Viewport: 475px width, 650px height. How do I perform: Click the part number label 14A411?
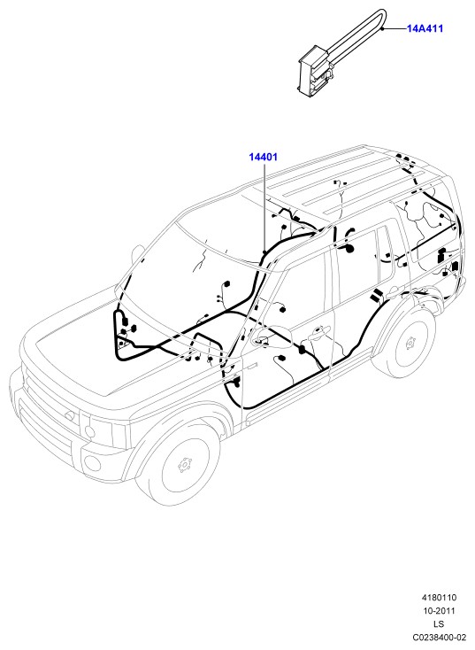coord(425,28)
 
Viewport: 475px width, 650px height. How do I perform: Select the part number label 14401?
coord(263,157)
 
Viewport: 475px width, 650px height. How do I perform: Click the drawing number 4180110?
coord(439,598)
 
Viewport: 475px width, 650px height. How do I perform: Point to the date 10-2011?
coord(439,611)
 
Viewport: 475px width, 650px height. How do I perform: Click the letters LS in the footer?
coord(439,624)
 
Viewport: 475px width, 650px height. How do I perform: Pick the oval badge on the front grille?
coord(69,415)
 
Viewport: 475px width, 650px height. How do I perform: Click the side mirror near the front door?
coord(270,334)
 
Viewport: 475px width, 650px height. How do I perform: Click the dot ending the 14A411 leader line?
coord(384,28)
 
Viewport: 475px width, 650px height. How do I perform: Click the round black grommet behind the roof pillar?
coord(349,249)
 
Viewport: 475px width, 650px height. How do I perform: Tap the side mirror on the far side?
coord(138,253)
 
